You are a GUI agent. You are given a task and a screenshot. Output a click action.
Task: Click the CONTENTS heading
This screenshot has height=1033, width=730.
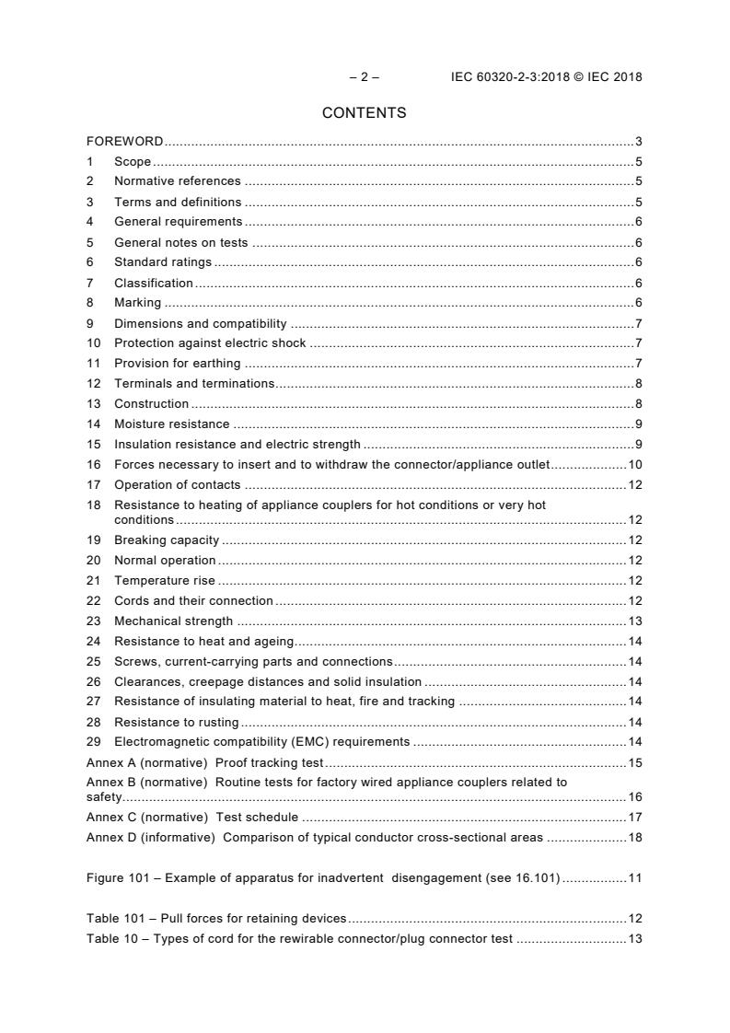pyautogui.click(x=364, y=113)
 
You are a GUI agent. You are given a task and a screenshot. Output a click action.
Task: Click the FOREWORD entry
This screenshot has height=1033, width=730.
pyautogui.click(x=124, y=142)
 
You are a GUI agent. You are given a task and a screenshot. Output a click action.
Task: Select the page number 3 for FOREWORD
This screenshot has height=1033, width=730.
pyautogui.click(x=638, y=142)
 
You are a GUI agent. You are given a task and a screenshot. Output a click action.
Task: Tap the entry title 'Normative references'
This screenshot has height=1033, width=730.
pyautogui.click(x=177, y=181)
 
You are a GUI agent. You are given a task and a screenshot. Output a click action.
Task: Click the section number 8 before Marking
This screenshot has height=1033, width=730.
pyautogui.click(x=90, y=303)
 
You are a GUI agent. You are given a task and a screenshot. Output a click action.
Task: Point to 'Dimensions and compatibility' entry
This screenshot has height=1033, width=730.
pyautogui.click(x=200, y=323)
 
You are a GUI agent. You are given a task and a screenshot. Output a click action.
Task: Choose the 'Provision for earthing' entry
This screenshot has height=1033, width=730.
pyautogui.click(x=177, y=364)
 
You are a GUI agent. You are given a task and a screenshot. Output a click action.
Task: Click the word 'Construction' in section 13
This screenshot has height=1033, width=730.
pyautogui.click(x=151, y=404)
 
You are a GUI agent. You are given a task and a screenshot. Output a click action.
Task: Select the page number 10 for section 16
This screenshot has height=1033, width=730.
pyautogui.click(x=635, y=465)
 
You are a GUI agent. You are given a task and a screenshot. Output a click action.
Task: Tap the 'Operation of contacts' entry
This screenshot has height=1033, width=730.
pyautogui.click(x=177, y=485)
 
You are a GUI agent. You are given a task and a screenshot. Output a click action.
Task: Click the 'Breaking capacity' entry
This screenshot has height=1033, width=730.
pyautogui.click(x=166, y=540)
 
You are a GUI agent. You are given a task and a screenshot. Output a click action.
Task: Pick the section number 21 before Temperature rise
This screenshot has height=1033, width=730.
pyautogui.click(x=93, y=581)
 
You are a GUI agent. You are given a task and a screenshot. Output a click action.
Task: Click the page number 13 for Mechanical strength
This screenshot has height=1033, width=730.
pyautogui.click(x=635, y=621)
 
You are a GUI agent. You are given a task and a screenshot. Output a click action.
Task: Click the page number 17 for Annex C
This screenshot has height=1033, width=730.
pyautogui.click(x=635, y=817)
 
